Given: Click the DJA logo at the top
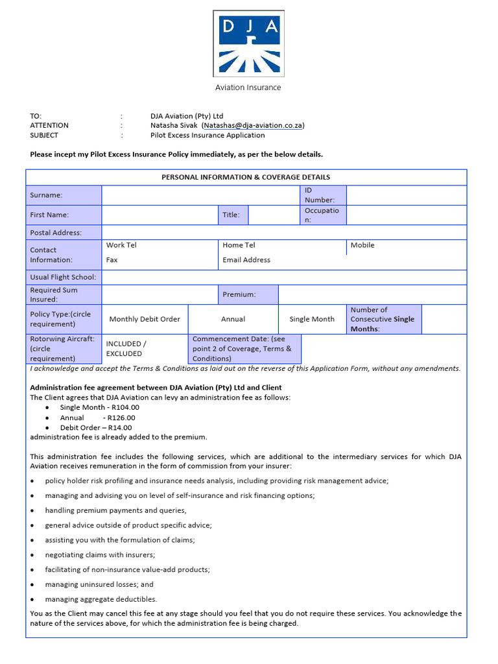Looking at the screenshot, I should tap(248, 44).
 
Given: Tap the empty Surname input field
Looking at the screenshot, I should tap(200, 195).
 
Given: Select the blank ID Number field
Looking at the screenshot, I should tap(406, 195).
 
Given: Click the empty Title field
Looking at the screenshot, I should tap(274, 215).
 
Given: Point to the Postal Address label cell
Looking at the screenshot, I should tap(64, 233).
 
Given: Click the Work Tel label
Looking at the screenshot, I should tap(121, 245).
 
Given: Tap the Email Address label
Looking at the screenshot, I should tap(246, 260).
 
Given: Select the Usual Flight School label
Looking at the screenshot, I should tap(63, 277).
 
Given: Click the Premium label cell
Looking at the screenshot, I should tap(248, 294).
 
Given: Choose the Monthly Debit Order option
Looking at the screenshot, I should tap(145, 319).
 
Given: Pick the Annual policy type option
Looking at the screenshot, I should tap(233, 319).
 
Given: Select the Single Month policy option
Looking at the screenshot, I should tap(312, 319).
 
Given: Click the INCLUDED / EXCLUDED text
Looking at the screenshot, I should tap(126, 349).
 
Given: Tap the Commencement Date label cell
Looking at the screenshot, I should tap(244, 349).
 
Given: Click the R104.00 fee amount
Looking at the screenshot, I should tap(124, 408).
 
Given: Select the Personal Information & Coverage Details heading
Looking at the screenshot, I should tap(246, 177).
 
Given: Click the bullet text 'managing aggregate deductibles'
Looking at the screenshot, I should tap(101, 599).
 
